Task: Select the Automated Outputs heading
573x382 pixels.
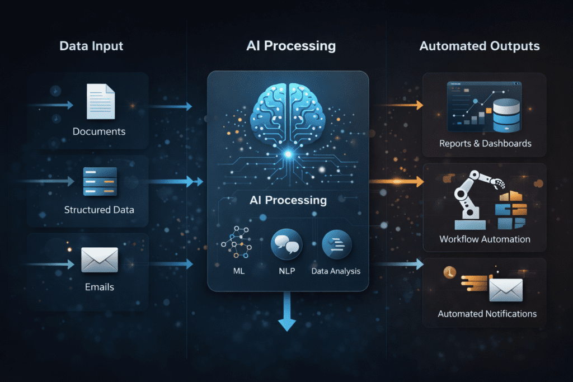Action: [480, 46]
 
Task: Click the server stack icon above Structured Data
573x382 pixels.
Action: [100, 181]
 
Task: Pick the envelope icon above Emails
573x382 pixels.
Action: [100, 260]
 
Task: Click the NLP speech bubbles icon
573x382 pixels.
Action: [286, 245]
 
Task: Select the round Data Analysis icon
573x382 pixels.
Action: [336, 245]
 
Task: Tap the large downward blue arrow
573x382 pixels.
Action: [286, 313]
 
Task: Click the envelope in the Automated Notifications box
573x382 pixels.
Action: [505, 290]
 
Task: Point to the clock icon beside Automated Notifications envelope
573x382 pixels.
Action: [448, 272]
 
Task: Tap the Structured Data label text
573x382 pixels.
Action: [99, 210]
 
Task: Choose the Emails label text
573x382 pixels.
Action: [99, 287]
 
